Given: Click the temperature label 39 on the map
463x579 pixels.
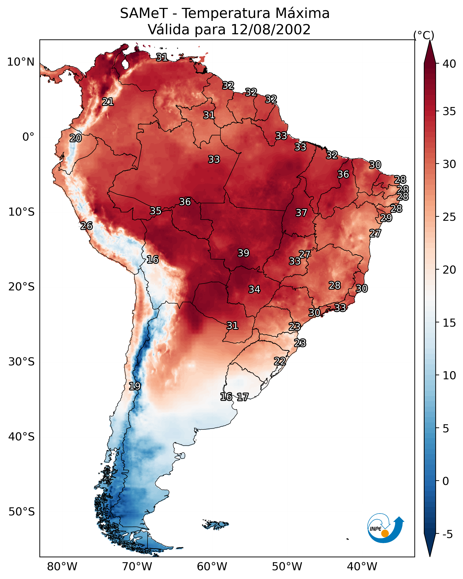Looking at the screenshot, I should [x=243, y=253].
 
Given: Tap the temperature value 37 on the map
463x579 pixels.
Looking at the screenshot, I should [x=301, y=213].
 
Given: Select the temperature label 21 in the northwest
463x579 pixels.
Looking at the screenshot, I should [x=108, y=102].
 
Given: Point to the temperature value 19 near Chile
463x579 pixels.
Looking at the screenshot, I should [x=135, y=386].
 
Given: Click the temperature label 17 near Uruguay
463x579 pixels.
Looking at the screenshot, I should [x=243, y=397].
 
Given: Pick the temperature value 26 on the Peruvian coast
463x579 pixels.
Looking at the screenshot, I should [x=86, y=226].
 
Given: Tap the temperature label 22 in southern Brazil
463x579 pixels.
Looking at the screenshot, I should [x=280, y=361].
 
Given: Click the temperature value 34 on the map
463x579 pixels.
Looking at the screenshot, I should [x=254, y=289].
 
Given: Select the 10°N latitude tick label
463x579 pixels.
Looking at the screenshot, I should [x=21, y=62].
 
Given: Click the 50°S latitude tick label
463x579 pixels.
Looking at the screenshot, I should [x=22, y=512].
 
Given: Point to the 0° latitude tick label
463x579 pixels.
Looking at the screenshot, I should [x=28, y=137].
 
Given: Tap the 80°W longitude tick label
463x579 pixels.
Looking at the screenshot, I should [x=62, y=567].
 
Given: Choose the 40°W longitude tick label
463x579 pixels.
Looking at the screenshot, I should [x=362, y=567].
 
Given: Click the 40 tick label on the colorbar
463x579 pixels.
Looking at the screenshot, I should [x=449, y=64].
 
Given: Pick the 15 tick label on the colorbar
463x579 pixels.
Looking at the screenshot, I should [x=449, y=323].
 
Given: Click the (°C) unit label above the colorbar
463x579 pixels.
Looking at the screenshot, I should [x=424, y=35].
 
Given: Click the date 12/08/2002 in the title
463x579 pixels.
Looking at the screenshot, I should [x=270, y=29].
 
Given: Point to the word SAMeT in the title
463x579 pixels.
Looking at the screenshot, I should [x=144, y=13].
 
